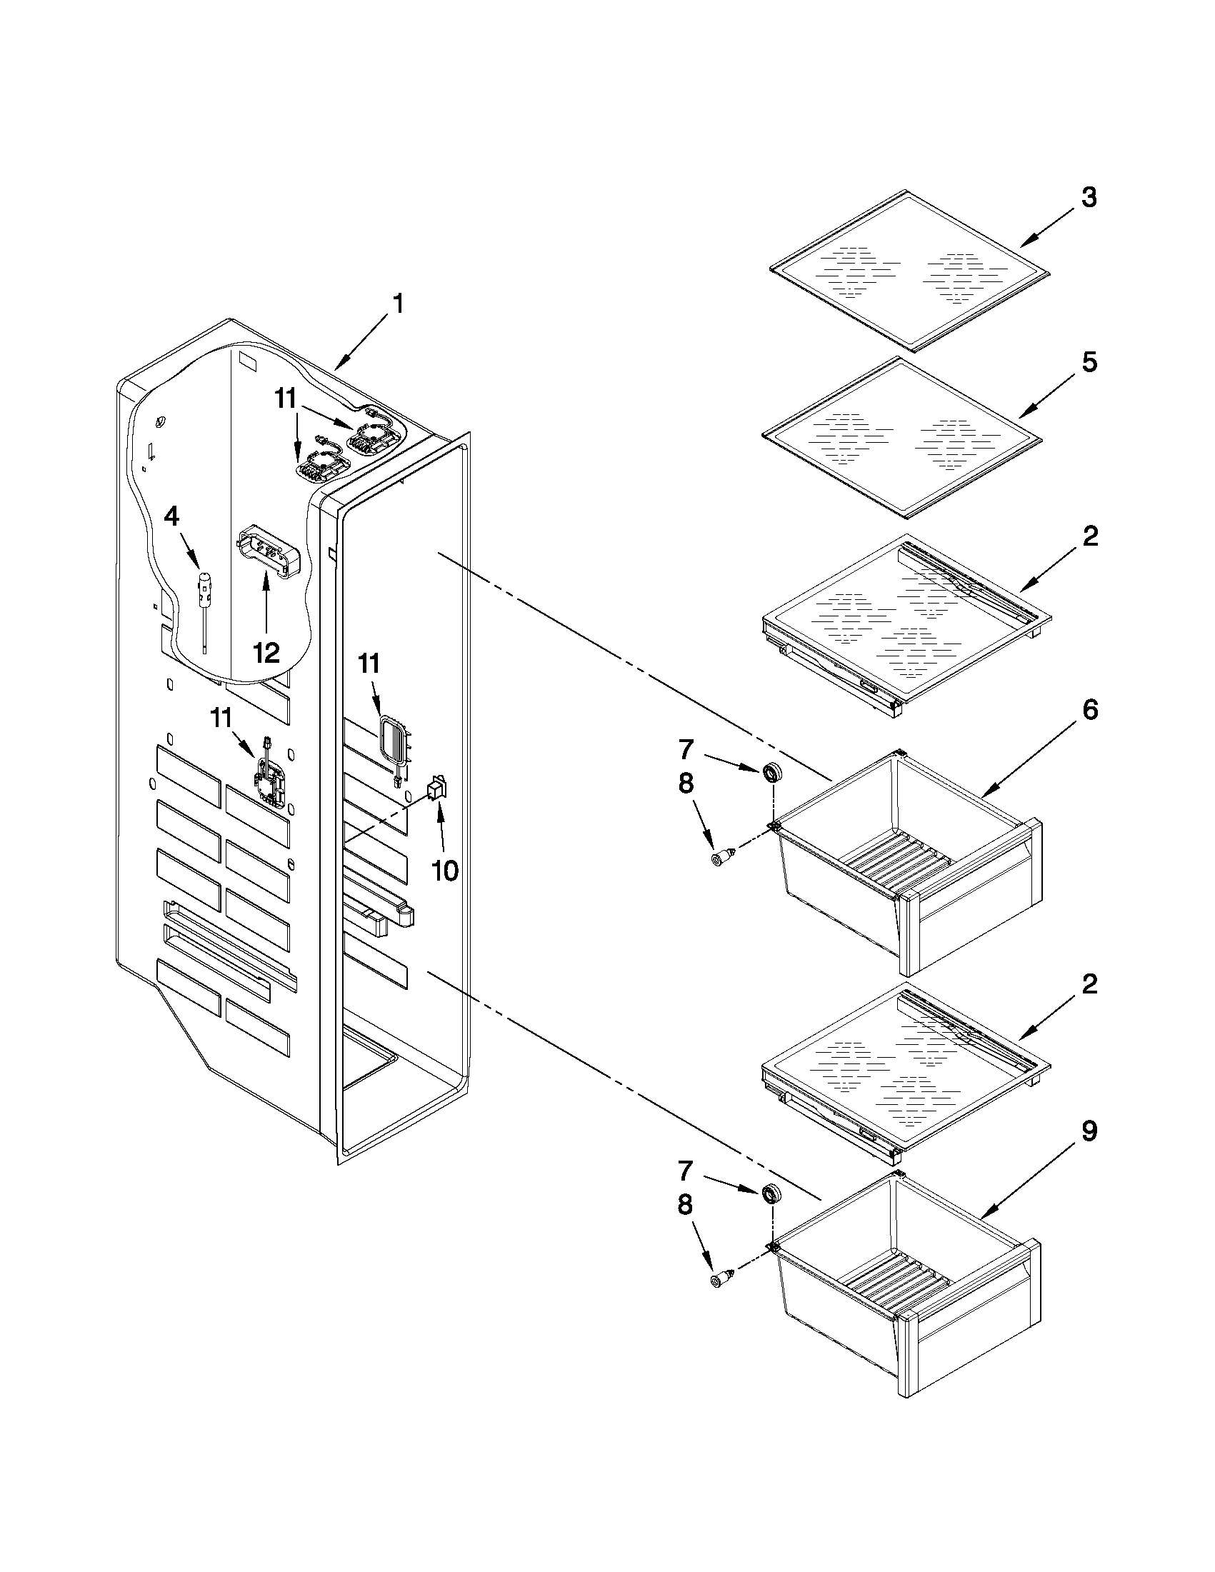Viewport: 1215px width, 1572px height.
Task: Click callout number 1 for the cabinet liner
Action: pyautogui.click(x=396, y=304)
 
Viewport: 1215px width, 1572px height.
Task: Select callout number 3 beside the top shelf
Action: pyautogui.click(x=1089, y=196)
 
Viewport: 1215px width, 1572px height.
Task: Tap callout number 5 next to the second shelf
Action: pyautogui.click(x=1089, y=362)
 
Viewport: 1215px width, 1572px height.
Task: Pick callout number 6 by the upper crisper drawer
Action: pyautogui.click(x=1089, y=710)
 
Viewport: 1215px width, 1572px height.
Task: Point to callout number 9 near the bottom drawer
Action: pyautogui.click(x=1089, y=1131)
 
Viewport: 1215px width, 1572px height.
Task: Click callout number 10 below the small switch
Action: pyautogui.click(x=444, y=871)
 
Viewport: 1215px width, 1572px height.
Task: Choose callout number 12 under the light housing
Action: pyautogui.click(x=266, y=652)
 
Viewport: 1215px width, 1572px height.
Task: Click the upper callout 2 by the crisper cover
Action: pyautogui.click(x=1089, y=536)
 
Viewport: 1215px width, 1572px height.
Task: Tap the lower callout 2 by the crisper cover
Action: pyautogui.click(x=1089, y=983)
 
